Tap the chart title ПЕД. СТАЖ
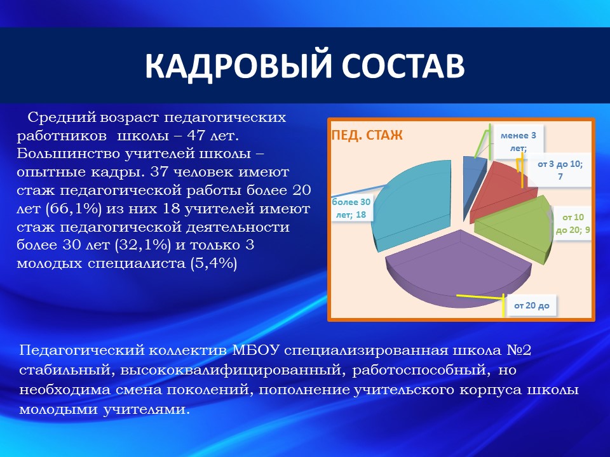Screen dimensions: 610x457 [367, 135]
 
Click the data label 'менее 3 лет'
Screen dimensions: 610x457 [518, 142]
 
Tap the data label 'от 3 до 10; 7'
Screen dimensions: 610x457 [560, 170]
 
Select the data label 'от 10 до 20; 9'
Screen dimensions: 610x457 [573, 223]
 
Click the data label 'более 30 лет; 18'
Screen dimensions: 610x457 [351, 208]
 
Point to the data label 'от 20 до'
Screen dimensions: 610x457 [531, 305]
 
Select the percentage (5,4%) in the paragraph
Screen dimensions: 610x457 [214, 263]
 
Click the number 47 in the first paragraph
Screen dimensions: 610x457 [196, 136]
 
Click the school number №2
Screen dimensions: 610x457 [519, 350]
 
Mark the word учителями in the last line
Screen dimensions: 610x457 [147, 409]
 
